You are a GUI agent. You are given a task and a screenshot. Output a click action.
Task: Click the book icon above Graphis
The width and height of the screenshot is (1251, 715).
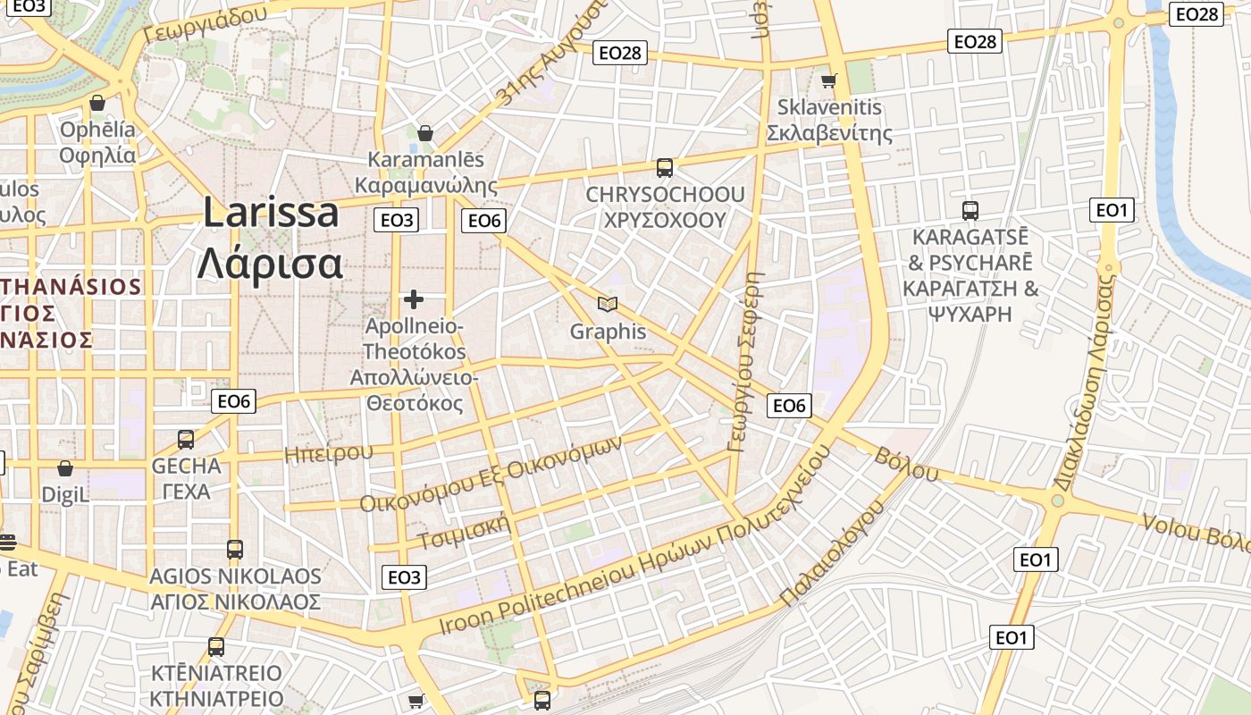coord(608,305)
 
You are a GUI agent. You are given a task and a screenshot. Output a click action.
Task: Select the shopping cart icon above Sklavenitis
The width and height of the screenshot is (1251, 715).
coord(829,80)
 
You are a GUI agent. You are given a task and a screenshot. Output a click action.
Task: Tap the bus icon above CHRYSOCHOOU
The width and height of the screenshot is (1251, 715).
coord(664,167)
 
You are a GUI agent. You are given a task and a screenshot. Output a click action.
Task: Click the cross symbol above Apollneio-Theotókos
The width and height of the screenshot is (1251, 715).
coord(414,299)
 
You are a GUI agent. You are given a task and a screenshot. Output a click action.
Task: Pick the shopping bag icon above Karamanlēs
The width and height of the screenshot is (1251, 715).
coord(425,133)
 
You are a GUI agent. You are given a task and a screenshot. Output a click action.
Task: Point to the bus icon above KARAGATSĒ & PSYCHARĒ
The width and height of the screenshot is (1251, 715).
coord(970,211)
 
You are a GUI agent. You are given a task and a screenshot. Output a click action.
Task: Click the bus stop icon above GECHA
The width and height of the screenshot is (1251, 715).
coord(186,439)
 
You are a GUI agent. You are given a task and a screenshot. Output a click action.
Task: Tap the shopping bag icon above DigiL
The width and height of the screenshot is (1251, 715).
coord(65,468)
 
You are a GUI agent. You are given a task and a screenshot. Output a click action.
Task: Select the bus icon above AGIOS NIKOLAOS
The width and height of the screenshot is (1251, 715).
coord(234,549)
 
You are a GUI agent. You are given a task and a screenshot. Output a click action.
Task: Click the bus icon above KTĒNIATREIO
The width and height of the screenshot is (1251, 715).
coord(215,646)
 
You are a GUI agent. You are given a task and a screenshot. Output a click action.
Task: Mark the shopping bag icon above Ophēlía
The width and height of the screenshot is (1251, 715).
coord(97,104)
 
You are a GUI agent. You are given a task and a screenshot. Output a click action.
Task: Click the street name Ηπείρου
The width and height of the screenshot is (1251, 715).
coord(328,453)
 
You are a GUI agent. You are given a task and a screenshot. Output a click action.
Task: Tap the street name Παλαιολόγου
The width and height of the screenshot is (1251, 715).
coord(832,552)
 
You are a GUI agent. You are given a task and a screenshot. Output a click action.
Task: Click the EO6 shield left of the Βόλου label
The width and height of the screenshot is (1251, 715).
coord(789,406)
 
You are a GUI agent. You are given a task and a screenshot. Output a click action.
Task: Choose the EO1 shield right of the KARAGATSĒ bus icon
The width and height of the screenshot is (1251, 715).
coord(1112,210)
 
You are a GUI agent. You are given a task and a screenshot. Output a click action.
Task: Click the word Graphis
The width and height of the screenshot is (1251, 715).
coord(608,332)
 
